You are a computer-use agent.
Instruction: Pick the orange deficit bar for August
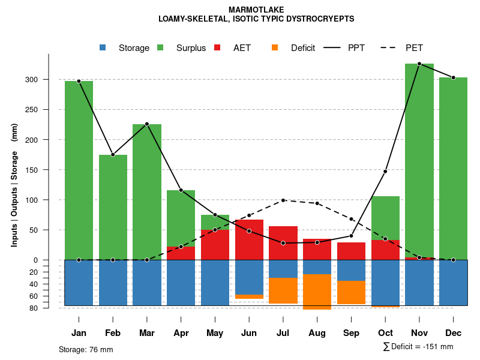[317, 292]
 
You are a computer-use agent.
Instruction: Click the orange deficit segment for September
[351, 292]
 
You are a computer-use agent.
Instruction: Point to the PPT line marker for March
[147, 124]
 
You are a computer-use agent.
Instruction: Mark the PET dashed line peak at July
[283, 200]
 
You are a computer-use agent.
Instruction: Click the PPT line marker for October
[385, 172]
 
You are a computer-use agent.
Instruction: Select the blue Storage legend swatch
[103, 48]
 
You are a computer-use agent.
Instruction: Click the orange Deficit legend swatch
[275, 48]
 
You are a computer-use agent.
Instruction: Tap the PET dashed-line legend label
[414, 48]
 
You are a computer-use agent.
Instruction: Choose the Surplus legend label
[191, 48]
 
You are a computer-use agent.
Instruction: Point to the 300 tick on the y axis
[48, 80]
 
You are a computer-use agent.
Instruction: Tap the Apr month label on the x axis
[181, 333]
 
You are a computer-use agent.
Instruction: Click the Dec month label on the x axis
[454, 333]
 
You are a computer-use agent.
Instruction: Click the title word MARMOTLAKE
[256, 10]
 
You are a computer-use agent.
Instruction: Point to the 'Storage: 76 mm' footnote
[86, 349]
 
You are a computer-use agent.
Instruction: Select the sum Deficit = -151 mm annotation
[418, 347]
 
